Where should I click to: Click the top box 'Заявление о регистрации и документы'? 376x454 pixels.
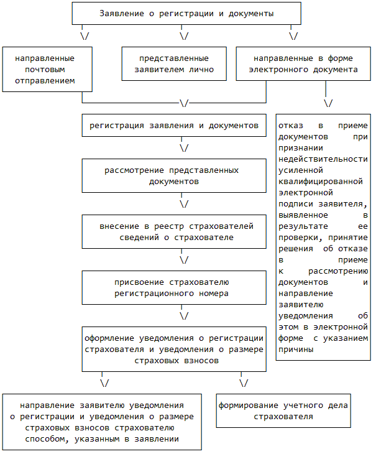coord(186,13)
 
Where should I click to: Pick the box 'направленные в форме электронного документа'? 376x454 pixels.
coord(303,64)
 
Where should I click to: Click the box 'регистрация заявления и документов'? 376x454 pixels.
coord(173,125)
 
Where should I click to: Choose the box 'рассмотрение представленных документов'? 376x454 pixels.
coord(173,175)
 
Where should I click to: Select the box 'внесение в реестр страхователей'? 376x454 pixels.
coord(173,231)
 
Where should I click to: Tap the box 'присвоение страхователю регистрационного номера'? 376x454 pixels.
coord(173,287)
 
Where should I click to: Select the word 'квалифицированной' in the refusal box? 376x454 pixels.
coord(321,181)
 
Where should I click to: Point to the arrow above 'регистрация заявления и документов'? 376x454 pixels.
coord(184,102)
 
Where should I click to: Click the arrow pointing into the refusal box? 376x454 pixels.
coord(328,102)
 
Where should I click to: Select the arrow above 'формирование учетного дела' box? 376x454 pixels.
coord(244,382)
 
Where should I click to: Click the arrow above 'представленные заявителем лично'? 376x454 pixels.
coord(185,35)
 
